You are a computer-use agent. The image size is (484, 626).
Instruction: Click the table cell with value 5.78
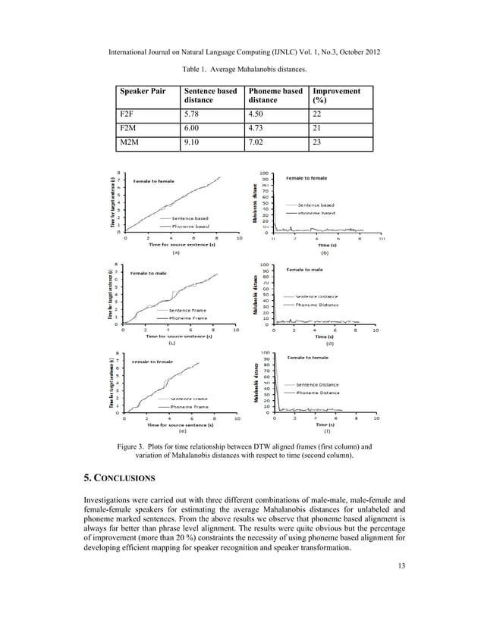pyautogui.click(x=190, y=114)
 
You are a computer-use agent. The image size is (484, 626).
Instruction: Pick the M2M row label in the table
pyautogui.click(x=130, y=143)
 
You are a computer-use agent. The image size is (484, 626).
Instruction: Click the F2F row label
pyautogui.click(x=128, y=114)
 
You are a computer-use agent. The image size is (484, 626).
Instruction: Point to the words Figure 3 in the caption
pyautogui.click(x=134, y=446)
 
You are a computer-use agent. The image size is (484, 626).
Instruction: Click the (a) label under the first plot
pyautogui.click(x=176, y=252)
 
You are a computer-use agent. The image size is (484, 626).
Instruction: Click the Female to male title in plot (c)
pyautogui.click(x=149, y=272)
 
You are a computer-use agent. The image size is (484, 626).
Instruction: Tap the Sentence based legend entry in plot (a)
pyautogui.click(x=189, y=218)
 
